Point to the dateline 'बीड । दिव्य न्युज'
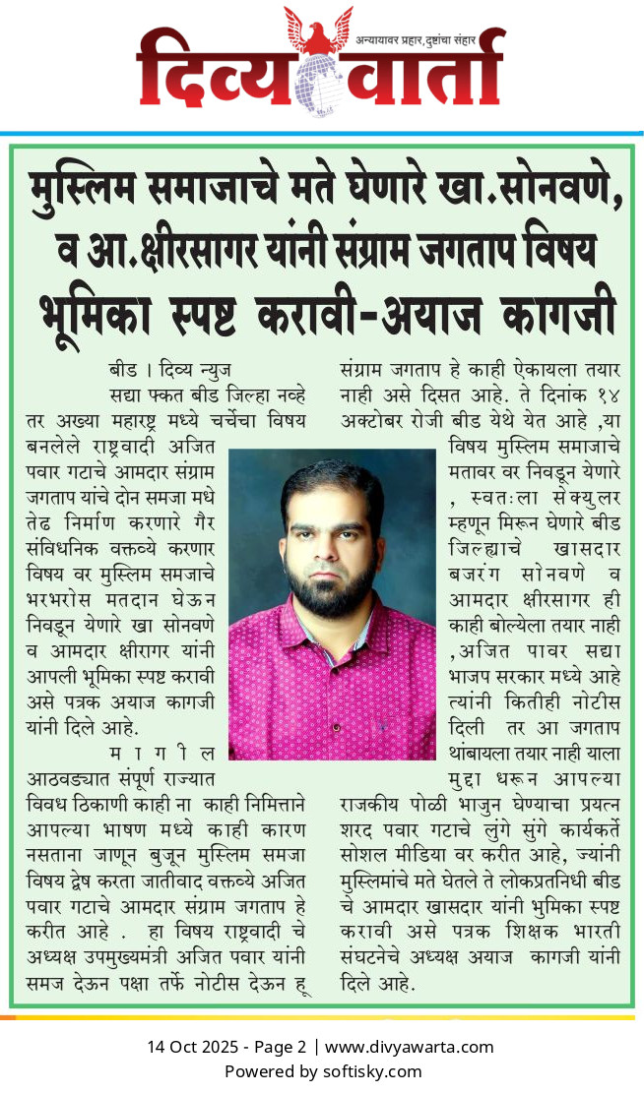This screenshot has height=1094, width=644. [x=168, y=371]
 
